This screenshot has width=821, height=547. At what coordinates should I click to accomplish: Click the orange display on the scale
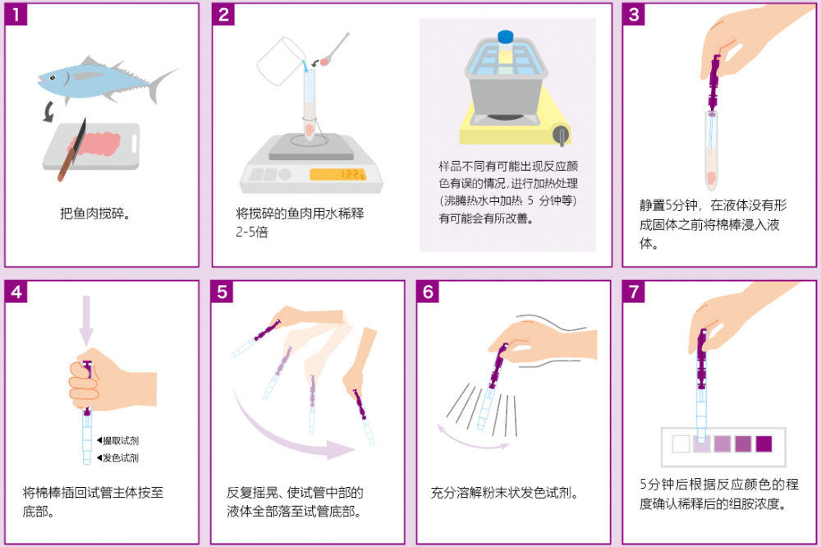337,174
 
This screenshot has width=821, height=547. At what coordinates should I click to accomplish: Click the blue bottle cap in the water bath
506,37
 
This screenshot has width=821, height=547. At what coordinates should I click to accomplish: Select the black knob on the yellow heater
561,133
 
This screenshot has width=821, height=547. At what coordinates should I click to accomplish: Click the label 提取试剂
120,440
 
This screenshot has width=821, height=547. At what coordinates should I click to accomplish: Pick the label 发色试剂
120,457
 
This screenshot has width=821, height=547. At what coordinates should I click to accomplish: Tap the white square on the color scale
680,444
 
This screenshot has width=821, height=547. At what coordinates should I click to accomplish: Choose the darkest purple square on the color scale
764,444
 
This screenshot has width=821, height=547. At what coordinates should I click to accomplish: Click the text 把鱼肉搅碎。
96,214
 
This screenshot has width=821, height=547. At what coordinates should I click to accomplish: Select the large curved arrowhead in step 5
341,449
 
